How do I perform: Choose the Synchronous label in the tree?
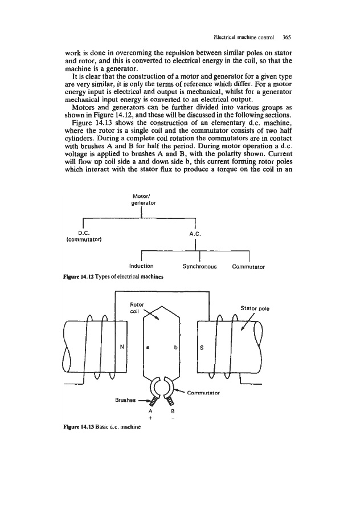199,266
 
